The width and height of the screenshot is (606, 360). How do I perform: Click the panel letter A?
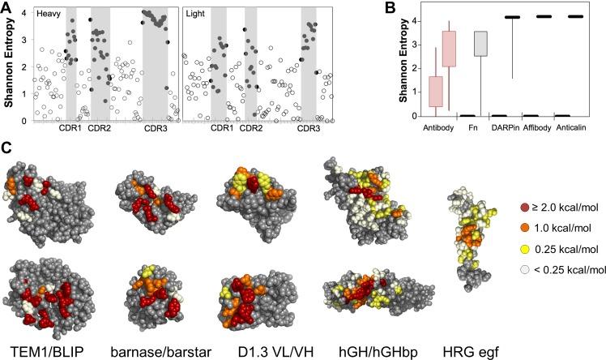[x=6, y=10]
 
